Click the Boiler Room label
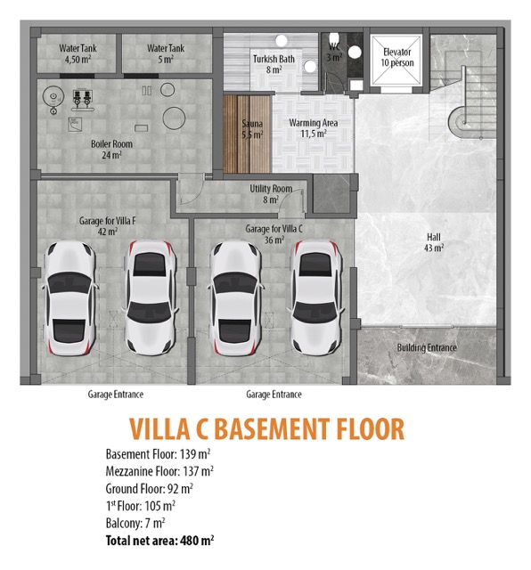tap(111, 150)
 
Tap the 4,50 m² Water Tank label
tap(78, 53)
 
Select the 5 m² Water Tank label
tap(166, 53)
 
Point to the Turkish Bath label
tap(274, 64)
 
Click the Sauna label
tap(252, 129)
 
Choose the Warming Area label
tap(313, 128)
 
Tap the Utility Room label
tap(271, 194)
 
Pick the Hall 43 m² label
tap(434, 242)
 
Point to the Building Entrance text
tap(427, 347)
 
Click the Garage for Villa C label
tap(274, 234)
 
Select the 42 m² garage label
tap(108, 226)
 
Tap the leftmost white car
tap(70, 298)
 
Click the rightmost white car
tap(315, 297)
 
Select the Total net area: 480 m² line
tap(159, 541)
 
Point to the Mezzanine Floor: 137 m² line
tap(159, 471)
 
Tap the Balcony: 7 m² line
tap(135, 524)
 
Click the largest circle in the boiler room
tap(175, 118)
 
